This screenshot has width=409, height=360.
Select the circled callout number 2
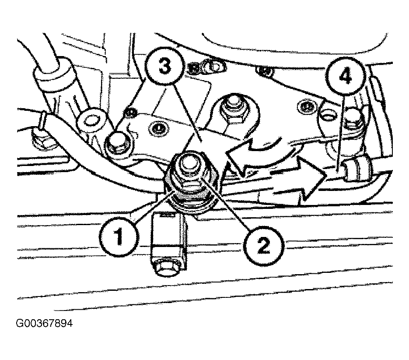coord(263,246)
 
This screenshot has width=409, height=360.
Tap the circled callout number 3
coord(164,67)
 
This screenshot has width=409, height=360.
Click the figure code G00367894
coord(44,323)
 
